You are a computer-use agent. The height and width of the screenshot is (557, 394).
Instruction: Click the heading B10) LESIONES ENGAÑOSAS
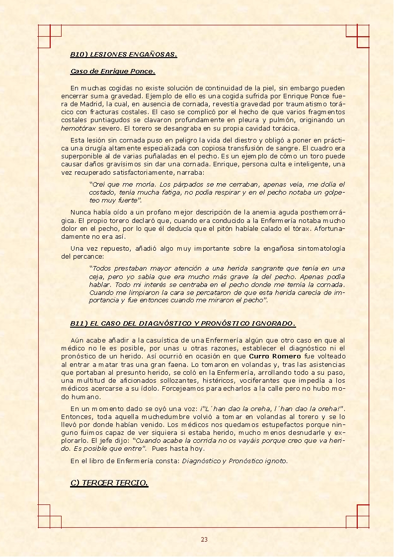[123, 55]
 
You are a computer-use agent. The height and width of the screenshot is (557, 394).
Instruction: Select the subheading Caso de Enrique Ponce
[113, 71]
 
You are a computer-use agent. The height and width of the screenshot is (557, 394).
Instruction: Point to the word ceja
[96, 277]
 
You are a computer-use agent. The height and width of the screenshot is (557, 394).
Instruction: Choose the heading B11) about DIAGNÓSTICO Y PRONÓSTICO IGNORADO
[183, 324]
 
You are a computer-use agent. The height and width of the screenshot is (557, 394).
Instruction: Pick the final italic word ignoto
[276, 461]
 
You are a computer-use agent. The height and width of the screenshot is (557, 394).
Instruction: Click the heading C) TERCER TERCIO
[109, 483]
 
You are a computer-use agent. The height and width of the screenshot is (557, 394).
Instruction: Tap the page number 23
[204, 540]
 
